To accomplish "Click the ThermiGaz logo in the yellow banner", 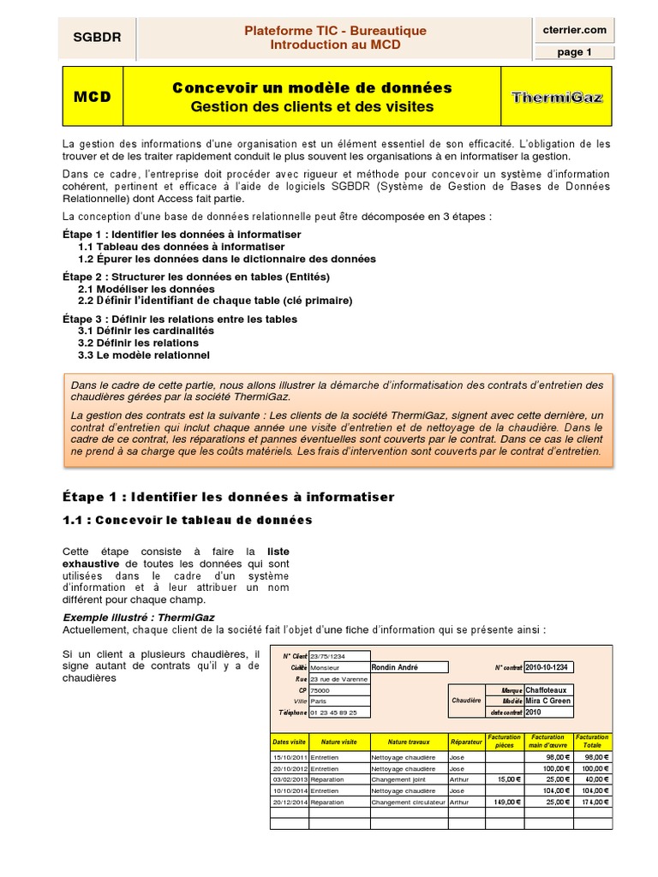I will (x=557, y=97).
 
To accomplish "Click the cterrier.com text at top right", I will (x=575, y=29).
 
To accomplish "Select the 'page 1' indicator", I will (x=575, y=52).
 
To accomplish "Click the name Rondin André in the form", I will (x=396, y=667).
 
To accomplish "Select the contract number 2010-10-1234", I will (x=549, y=667).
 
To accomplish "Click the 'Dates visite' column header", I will (x=289, y=741).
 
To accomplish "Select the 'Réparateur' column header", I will (x=466, y=741).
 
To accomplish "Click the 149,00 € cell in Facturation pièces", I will (x=506, y=802).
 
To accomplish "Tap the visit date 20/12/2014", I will (x=289, y=802).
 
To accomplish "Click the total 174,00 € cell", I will (x=592, y=802).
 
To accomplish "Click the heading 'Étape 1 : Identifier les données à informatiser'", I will (x=228, y=497).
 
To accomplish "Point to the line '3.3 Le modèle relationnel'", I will (x=143, y=355).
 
